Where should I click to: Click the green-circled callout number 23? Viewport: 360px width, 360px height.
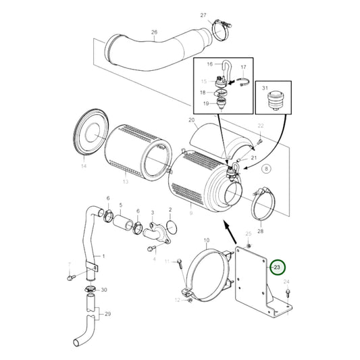click(x=278, y=268)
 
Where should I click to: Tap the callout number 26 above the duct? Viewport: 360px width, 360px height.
click(x=154, y=32)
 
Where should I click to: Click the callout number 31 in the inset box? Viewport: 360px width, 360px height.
click(x=265, y=88)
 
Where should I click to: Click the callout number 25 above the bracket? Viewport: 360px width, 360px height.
click(x=248, y=234)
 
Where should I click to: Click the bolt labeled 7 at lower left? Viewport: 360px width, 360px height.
click(x=70, y=276)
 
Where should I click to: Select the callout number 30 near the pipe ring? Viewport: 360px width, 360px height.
click(x=103, y=290)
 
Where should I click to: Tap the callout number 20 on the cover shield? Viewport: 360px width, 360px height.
click(x=192, y=121)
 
